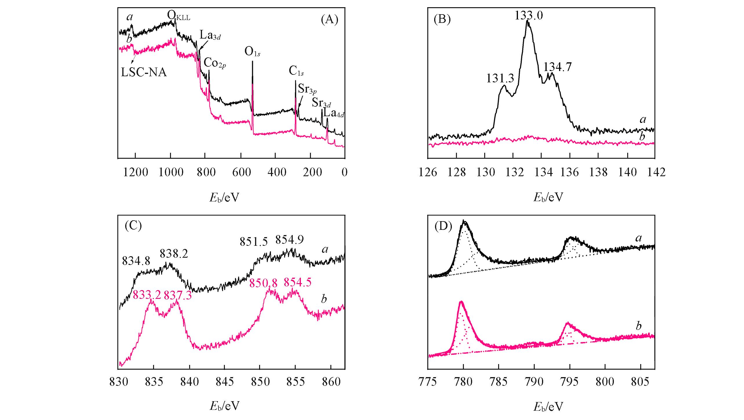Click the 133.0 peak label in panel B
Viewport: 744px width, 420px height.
point(529,15)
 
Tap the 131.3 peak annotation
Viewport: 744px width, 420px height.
point(500,78)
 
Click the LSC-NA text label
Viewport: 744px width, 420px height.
point(144,72)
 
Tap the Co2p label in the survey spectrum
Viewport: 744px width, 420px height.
point(215,63)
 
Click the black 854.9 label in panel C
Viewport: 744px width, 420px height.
point(290,240)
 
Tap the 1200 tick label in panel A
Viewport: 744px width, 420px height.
point(136,172)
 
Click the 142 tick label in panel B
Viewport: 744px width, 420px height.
point(654,172)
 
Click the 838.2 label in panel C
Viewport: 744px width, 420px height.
point(174,254)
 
